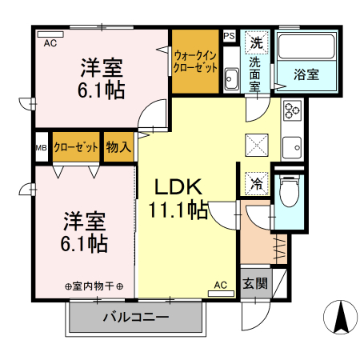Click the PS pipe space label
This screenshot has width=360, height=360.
(229, 36)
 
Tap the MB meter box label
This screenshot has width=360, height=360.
(42, 147)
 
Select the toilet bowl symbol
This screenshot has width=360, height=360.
(290, 191)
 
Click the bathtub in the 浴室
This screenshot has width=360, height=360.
(306, 46)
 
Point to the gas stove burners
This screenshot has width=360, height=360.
(292, 110)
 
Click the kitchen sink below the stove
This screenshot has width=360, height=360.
(292, 147)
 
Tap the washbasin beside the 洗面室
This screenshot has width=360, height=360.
(231, 78)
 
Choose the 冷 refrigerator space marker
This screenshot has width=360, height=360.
(256, 184)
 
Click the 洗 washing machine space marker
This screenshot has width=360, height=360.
(256, 42)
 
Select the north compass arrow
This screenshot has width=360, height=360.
(341, 317)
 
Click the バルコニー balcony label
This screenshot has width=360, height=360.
(136, 318)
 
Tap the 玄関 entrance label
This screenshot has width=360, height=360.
(255, 283)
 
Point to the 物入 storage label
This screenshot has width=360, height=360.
(118, 147)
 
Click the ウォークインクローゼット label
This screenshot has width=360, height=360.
(195, 62)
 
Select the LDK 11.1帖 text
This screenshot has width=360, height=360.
(178, 198)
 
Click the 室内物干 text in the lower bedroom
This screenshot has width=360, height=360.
(94, 286)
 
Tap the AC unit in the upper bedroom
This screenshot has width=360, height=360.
(50, 34)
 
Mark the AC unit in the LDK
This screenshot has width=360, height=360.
(221, 294)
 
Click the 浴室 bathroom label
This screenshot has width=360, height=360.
(306, 74)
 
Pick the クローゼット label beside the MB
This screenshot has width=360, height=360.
(76, 147)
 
